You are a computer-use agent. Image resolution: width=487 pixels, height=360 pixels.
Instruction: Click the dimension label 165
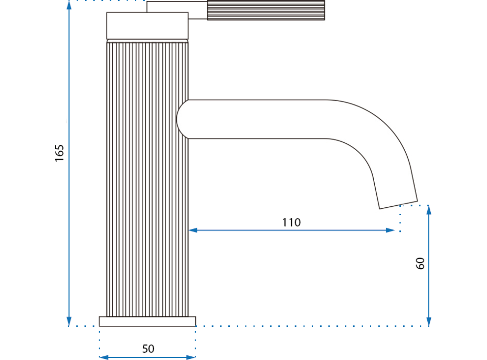click(59, 152)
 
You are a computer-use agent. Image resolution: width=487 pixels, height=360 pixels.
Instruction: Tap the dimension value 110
click(291, 222)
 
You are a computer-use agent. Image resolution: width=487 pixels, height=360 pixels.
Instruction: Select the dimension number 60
click(420, 263)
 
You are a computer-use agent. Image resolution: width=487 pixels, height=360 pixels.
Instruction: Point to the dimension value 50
click(149, 348)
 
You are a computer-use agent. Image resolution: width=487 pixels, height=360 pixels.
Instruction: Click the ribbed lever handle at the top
click(266, 10)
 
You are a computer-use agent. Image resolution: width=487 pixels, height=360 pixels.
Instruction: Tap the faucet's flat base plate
click(147, 321)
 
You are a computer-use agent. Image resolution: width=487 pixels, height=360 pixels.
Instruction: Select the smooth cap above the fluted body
click(147, 25)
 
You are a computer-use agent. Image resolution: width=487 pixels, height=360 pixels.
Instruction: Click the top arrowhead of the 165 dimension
click(69, 5)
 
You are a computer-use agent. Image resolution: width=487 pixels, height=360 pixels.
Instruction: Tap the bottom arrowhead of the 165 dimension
click(69, 321)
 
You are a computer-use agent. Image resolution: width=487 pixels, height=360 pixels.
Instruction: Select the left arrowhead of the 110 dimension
click(193, 230)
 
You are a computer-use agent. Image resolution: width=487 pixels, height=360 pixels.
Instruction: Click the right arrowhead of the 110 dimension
click(390, 230)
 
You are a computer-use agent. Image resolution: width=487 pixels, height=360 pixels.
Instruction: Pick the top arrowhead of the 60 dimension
click(429, 210)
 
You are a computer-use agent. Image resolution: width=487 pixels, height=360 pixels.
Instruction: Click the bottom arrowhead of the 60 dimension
click(429, 321)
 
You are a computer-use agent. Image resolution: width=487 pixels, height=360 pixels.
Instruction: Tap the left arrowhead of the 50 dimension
click(103, 357)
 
